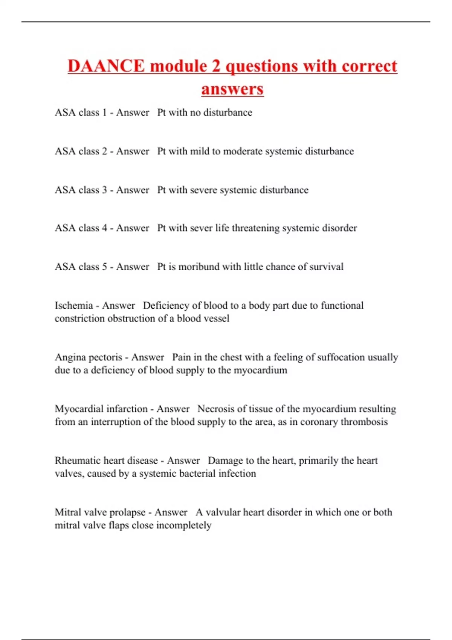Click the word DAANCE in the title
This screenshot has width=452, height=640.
(106, 66)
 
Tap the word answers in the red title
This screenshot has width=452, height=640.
(232, 89)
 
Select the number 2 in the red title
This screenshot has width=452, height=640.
(216, 66)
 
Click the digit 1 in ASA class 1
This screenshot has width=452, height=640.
(104, 113)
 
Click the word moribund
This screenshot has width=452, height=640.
(199, 267)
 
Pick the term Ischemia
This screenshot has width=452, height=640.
(74, 305)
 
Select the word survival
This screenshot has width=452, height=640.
(326, 267)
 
